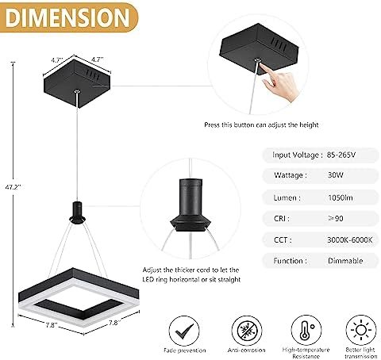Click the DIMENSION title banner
click(x=68, y=17)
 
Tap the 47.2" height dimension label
click(x=13, y=187)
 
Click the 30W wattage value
click(x=335, y=174)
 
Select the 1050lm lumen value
click(x=341, y=197)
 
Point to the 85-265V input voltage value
click(x=341, y=155)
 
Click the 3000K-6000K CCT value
click(x=350, y=239)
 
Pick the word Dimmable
click(x=345, y=261)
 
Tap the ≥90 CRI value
click(x=336, y=218)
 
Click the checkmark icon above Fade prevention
click(x=184, y=331)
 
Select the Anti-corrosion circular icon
click(x=247, y=331)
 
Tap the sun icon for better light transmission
click(x=361, y=330)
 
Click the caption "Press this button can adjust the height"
click(x=261, y=124)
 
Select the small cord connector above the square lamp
click(x=77, y=213)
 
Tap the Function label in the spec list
click(x=291, y=261)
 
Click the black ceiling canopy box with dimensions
click(x=77, y=83)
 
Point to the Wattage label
click(x=291, y=174)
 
